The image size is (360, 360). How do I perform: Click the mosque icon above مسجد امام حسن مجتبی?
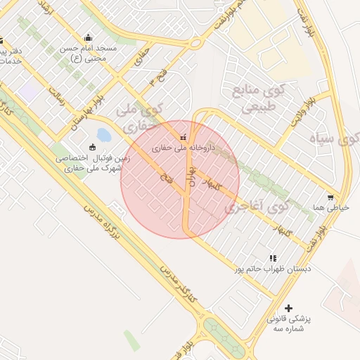click(x=88, y=38)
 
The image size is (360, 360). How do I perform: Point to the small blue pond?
click(x=103, y=134)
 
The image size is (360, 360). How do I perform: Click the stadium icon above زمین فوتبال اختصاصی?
click(x=92, y=147)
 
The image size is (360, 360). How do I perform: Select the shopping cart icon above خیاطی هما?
click(x=330, y=198)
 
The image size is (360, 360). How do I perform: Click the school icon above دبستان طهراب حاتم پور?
click(x=273, y=258)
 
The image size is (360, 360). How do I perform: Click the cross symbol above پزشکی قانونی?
click(x=288, y=308)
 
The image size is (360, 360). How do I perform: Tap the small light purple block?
click(x=29, y=91)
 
